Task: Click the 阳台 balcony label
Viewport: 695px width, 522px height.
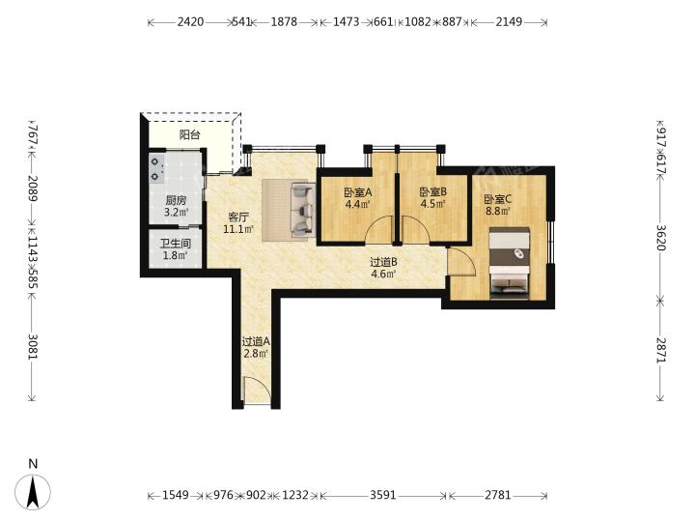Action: tap(190, 134)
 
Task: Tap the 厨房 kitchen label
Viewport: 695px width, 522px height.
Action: tap(176, 200)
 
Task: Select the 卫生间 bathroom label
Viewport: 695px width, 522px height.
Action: tap(176, 244)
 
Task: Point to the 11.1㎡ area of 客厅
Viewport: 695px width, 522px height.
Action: tap(238, 229)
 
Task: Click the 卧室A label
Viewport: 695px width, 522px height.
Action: tap(358, 192)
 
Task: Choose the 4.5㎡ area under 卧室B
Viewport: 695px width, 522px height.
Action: tap(433, 204)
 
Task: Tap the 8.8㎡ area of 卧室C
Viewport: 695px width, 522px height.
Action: tap(498, 211)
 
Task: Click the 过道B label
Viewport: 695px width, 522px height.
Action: tap(383, 262)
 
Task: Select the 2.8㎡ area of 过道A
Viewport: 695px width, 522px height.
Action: tap(256, 354)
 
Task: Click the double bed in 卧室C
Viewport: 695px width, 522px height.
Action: tap(510, 264)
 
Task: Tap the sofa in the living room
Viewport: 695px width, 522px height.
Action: tap(302, 209)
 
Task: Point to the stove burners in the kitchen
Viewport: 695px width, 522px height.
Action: tap(156, 169)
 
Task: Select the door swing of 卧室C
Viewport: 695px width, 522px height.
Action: tap(461, 262)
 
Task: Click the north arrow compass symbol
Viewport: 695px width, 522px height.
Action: tap(33, 491)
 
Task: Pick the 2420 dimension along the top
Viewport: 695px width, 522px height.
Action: tap(190, 21)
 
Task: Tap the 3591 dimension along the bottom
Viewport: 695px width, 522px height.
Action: tap(383, 495)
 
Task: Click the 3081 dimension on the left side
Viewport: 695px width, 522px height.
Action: tap(33, 347)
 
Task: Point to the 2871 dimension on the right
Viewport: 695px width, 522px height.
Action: tap(660, 350)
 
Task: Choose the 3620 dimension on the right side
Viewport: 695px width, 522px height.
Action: tap(660, 238)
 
